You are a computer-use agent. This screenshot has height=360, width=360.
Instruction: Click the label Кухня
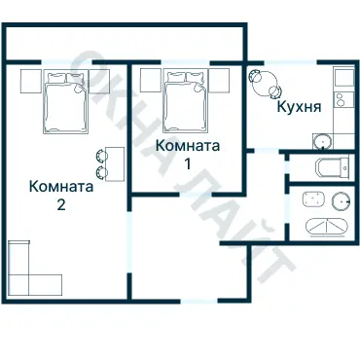coord(299,107)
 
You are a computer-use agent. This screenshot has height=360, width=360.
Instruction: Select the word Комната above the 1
coord(188,145)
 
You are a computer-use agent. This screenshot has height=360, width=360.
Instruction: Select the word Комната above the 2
coord(61,187)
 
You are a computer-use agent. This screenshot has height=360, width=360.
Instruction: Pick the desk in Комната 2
coord(116,166)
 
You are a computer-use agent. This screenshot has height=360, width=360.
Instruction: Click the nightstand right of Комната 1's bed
coord(222,77)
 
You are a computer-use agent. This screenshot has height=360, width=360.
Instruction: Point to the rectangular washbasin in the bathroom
coord(313,200)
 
